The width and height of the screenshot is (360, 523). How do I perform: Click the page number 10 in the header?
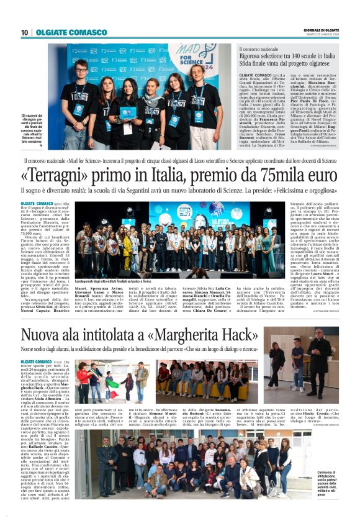[x=24, y=32]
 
